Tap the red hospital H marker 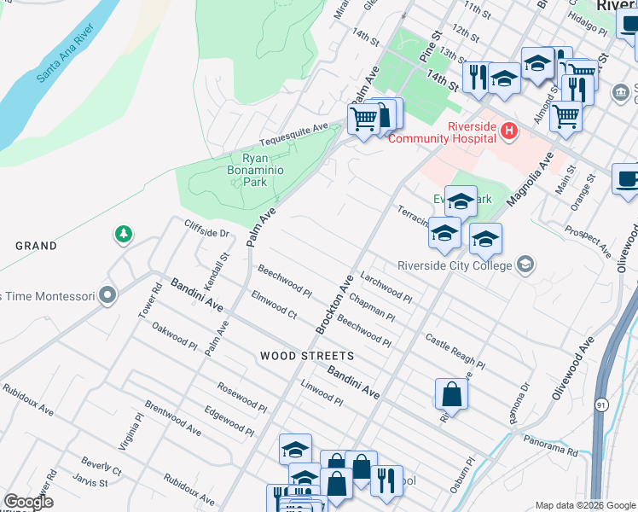coord(508,131)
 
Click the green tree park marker coord(124,233)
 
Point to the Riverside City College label coord(455,265)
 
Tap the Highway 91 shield coord(603,405)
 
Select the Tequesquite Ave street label coord(294,136)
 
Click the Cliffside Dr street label coord(207,228)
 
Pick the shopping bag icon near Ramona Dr coord(451,394)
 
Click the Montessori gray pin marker coord(107,296)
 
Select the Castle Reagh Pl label coord(455,352)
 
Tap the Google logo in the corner coord(28,502)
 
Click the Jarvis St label coord(90,482)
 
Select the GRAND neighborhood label coord(36,246)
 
